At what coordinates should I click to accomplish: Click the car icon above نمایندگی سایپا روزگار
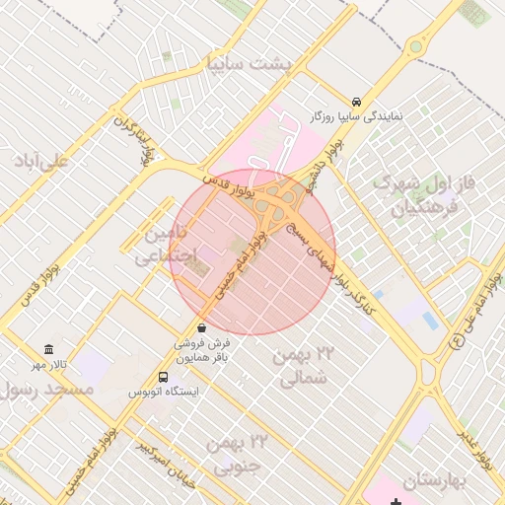(355, 102)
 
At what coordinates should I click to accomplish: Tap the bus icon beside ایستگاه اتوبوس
(164, 377)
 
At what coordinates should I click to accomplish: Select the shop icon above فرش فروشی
(201, 327)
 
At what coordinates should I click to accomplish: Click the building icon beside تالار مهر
(49, 350)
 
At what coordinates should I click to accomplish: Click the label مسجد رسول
(47, 391)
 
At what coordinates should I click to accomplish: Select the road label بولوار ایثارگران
(135, 138)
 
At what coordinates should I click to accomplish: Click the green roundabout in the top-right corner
(417, 46)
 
